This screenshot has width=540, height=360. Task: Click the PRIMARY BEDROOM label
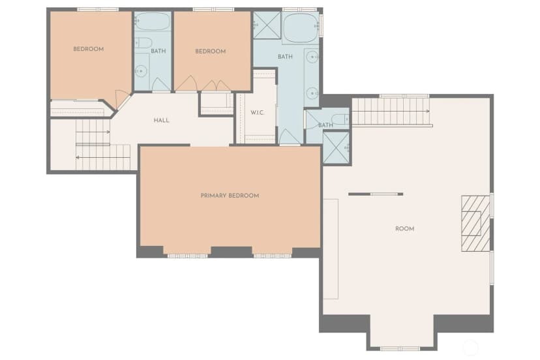tap(230, 196)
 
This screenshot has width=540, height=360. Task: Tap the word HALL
tap(161, 120)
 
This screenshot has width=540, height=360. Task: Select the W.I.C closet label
tap(257, 113)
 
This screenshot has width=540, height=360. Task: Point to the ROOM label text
tap(404, 229)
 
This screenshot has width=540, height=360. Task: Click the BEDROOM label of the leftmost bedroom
tap(89, 49)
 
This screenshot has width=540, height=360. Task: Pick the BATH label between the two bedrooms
tap(158, 51)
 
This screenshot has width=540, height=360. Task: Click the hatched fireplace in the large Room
tap(475, 224)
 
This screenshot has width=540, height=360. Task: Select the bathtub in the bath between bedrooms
tap(152, 22)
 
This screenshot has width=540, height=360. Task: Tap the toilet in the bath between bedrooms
tap(143, 43)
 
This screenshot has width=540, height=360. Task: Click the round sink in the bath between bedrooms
tap(141, 71)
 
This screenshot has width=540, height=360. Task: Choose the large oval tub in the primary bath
tap(301, 28)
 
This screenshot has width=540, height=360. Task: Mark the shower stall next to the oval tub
tap(267, 25)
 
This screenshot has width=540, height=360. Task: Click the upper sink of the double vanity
tap(312, 57)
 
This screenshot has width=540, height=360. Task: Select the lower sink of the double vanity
tap(312, 93)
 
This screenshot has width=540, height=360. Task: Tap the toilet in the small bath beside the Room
tap(341, 119)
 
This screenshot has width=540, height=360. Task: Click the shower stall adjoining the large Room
tap(336, 148)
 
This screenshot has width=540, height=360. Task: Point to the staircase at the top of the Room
tap(391, 112)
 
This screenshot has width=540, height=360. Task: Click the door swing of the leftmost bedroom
tap(121, 99)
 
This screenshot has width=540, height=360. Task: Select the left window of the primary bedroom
tap(187, 256)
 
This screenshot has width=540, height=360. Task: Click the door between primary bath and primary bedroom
tap(290, 138)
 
